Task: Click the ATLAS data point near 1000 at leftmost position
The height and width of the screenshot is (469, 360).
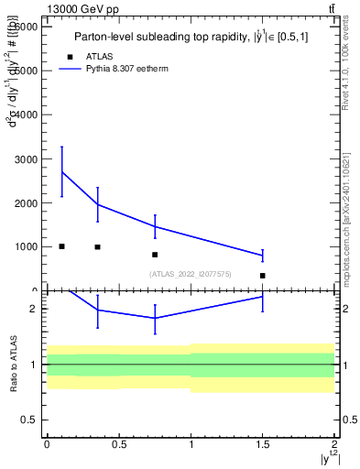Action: point(61,246)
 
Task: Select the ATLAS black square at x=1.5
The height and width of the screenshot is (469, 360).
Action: point(262,276)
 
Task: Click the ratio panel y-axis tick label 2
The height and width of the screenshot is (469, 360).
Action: point(33,310)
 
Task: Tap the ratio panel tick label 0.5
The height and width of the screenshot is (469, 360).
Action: point(29,420)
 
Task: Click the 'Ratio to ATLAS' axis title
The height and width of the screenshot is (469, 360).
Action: point(12,365)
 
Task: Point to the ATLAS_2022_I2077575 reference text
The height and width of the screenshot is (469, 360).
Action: point(189,274)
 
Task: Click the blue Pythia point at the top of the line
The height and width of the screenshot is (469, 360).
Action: point(61,171)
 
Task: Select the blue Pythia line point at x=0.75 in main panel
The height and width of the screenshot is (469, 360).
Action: point(155,226)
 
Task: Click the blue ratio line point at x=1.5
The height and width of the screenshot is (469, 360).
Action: point(262,297)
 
